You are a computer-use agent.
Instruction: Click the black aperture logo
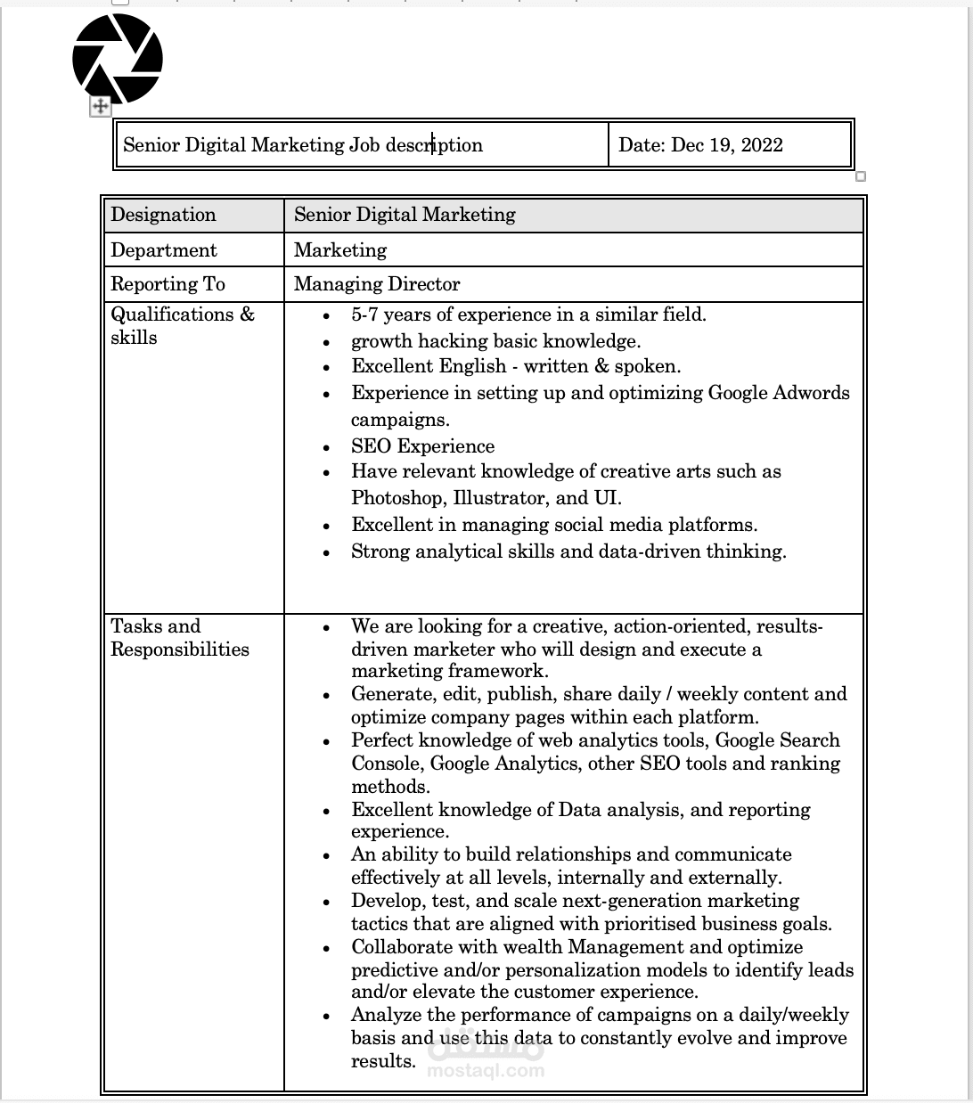[x=118, y=59]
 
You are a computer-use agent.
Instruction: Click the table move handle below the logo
[x=100, y=107]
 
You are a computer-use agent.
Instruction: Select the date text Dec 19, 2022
[x=726, y=145]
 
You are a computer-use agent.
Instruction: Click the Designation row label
[x=163, y=215]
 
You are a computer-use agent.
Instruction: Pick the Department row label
[x=164, y=250]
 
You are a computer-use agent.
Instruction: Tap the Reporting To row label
[x=168, y=284]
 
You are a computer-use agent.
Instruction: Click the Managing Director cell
[x=377, y=284]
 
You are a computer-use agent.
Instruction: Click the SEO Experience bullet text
[x=422, y=446]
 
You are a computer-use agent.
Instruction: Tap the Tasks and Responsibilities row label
[x=179, y=638]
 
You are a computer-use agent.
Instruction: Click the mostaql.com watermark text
[x=486, y=1070]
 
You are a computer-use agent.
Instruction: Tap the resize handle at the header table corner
[x=861, y=176]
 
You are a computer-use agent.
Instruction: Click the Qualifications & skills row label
[x=182, y=326]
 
